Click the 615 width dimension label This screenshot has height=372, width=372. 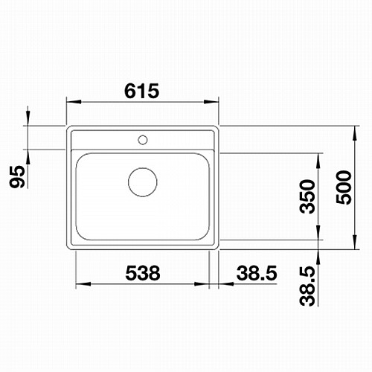point(141,91)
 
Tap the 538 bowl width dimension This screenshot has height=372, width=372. point(143,273)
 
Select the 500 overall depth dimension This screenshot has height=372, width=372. point(344,187)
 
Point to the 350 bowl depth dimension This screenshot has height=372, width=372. point(307,196)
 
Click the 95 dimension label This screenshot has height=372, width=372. point(17,176)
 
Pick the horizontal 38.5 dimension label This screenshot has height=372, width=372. point(257,273)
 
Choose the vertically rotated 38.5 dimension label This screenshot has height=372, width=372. point(307,286)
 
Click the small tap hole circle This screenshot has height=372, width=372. point(143,140)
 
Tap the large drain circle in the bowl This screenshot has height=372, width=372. point(143,182)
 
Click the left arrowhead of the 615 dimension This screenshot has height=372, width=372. point(74,102)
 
